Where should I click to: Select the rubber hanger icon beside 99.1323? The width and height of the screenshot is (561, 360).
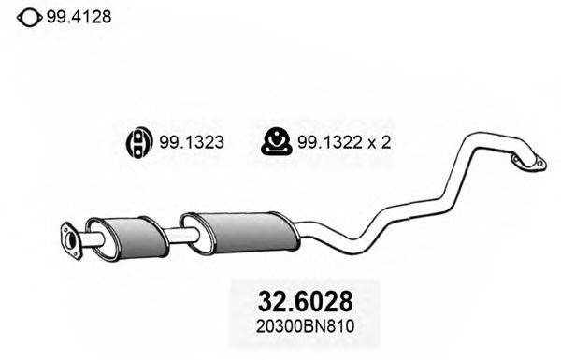137,142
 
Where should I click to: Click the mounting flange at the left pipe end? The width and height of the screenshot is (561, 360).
70,238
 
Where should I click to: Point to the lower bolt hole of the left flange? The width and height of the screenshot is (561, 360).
72,249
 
